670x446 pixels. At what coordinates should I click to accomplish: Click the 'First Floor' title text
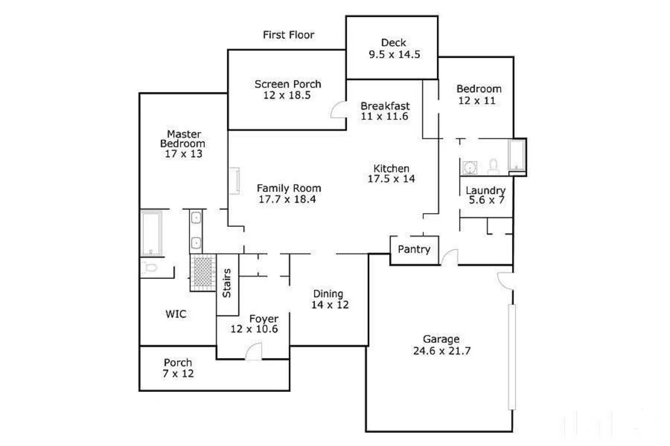[288, 35]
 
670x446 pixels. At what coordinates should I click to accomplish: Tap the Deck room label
[393, 43]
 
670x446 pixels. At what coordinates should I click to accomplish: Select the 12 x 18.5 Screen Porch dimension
[287, 95]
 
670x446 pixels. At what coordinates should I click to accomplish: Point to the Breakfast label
[385, 106]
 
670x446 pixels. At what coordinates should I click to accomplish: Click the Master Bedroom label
[183, 139]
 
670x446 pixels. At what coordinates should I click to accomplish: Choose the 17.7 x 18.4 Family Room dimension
[287, 199]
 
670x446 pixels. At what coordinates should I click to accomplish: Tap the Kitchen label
[391, 168]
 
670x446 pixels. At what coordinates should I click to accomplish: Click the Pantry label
[414, 249]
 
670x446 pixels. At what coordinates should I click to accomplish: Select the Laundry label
[485, 190]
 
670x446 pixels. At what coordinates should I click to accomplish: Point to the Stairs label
[227, 283]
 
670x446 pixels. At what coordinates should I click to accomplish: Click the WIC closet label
[176, 314]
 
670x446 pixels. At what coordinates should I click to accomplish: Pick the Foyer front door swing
[253, 351]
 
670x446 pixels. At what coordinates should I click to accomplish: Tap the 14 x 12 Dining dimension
[330, 305]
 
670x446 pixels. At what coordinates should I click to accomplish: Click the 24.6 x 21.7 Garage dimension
[442, 351]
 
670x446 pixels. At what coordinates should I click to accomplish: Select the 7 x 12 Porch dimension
[178, 374]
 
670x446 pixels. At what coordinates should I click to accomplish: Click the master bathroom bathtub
[151, 233]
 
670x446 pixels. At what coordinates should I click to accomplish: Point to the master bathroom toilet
[150, 268]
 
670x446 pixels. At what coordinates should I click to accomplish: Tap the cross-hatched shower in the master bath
[203, 273]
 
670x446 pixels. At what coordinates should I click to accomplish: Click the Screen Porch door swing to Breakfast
[338, 110]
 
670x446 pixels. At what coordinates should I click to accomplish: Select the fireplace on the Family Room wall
[234, 181]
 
